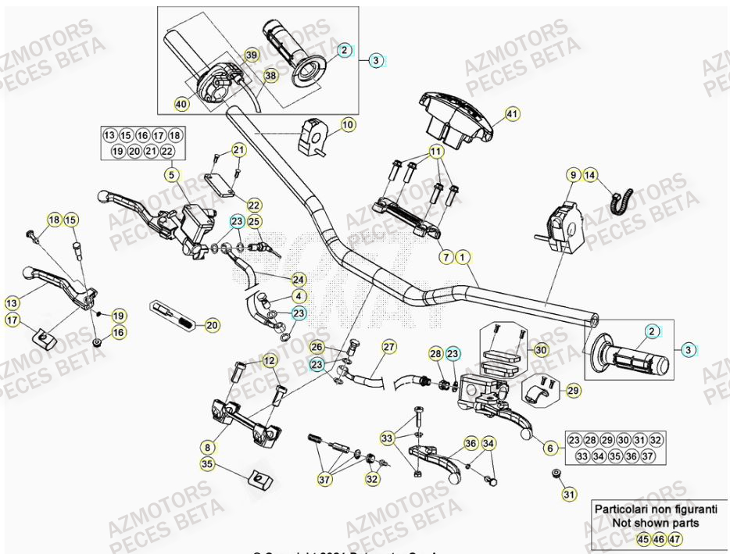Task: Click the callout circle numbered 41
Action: [512, 115]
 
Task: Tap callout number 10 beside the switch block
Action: [348, 124]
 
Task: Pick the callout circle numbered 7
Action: [445, 256]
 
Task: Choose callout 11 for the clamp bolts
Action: [435, 151]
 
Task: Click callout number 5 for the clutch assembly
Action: [171, 176]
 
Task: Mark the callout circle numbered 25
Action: [254, 223]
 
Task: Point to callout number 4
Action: [299, 296]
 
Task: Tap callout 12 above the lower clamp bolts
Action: [269, 360]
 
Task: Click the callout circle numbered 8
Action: [207, 448]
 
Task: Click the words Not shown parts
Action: [645, 523]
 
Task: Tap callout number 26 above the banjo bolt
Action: [317, 347]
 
